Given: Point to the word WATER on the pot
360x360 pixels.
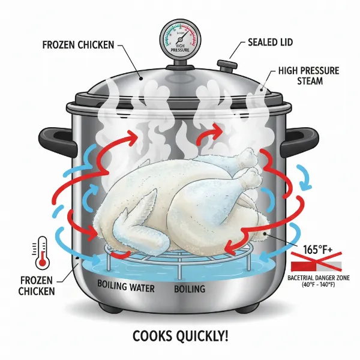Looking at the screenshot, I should (139, 289).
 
